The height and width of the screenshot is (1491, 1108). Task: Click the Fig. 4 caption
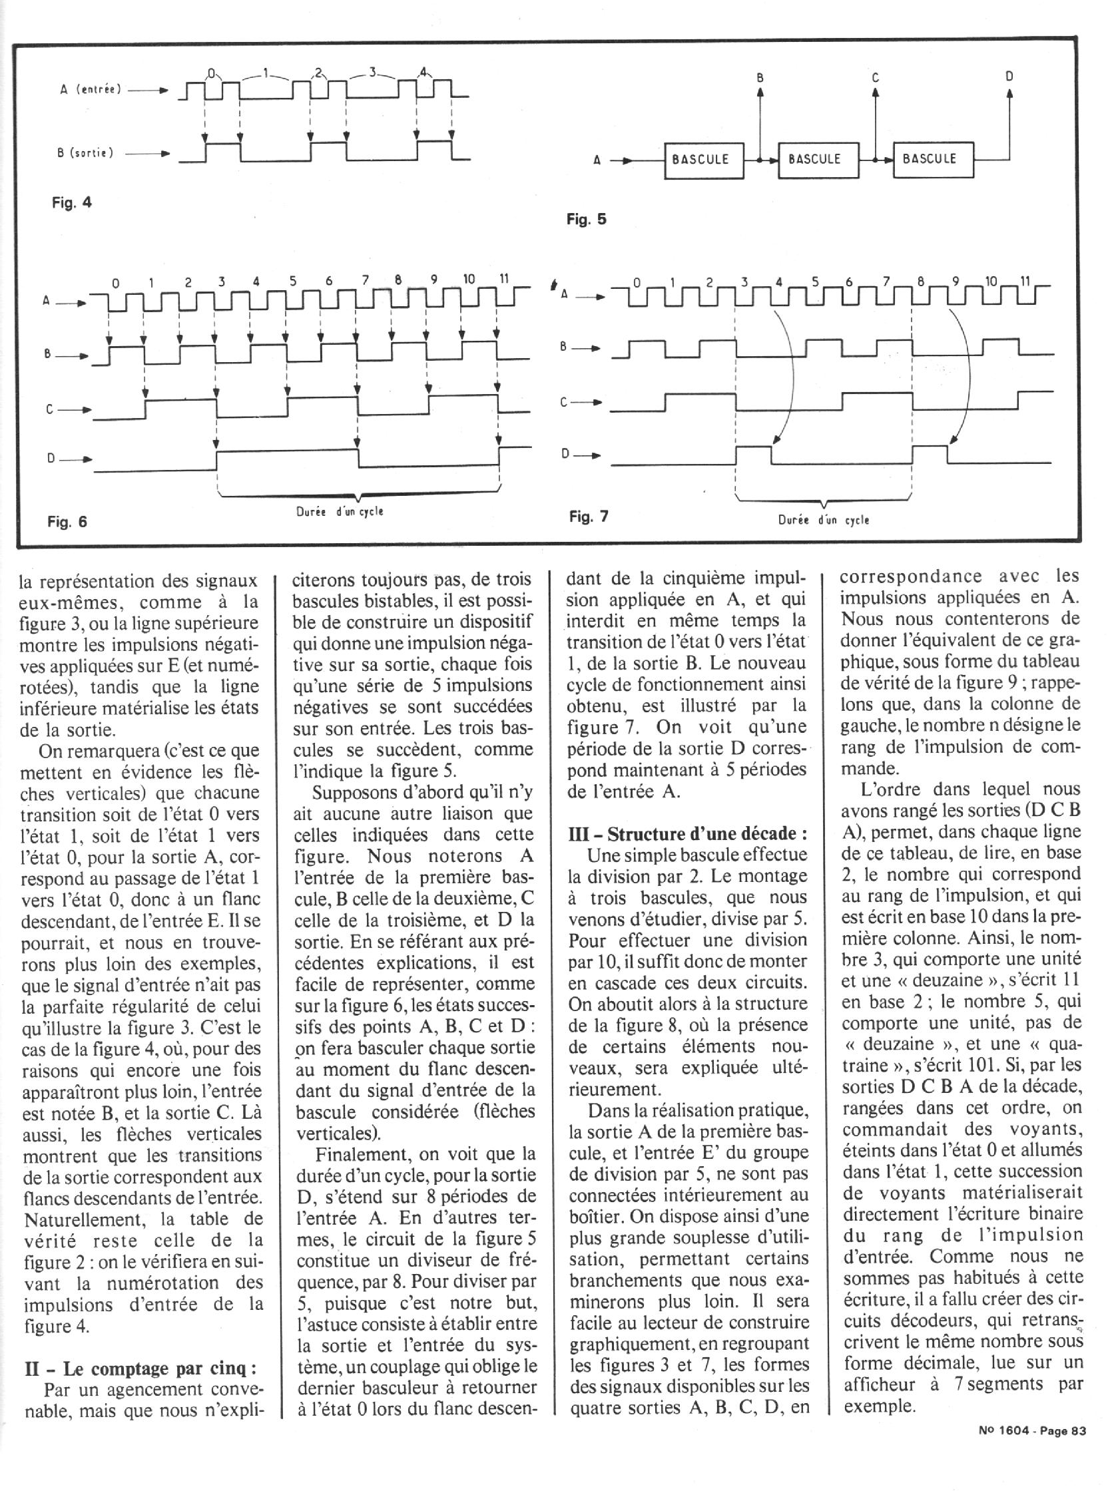point(72,202)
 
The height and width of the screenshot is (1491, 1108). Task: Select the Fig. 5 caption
point(586,219)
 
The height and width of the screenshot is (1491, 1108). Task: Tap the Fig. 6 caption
point(67,521)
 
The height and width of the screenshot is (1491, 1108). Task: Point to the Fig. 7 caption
point(588,517)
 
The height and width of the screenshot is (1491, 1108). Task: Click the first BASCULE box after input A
point(704,160)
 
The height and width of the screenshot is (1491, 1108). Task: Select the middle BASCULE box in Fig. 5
point(818,160)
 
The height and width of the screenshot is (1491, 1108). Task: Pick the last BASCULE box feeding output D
point(932,160)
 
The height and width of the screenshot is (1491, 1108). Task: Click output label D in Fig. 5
point(1009,77)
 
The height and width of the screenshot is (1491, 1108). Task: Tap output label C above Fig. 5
point(875,78)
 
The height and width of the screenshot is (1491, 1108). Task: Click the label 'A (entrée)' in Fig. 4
point(91,89)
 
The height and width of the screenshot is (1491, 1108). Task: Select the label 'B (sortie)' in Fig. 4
point(85,153)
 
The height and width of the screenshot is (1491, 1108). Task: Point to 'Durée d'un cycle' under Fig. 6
point(340,511)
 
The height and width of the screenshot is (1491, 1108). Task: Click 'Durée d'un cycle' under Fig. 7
point(823,520)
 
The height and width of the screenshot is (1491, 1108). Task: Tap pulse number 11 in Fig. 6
point(504,280)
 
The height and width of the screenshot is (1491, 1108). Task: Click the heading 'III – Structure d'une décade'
point(687,833)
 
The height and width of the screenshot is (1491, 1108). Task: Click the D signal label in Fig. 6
point(51,459)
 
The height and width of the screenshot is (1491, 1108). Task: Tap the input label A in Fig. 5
point(596,161)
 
